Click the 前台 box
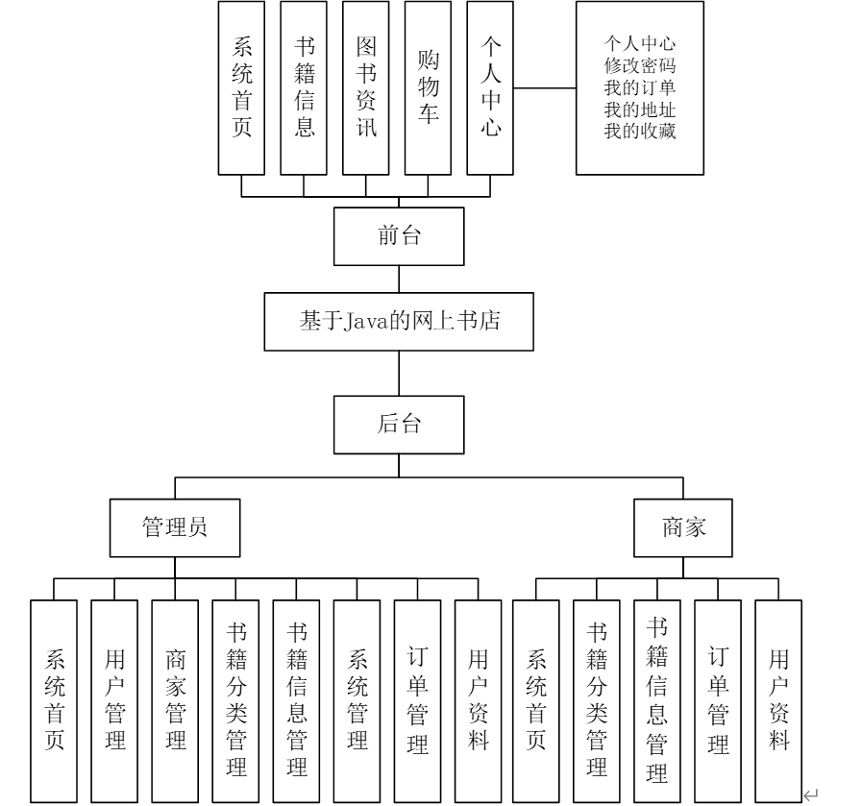click(x=399, y=236)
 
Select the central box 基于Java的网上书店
click(x=399, y=321)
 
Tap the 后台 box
click(x=399, y=425)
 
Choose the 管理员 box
click(x=174, y=527)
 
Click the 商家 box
click(x=683, y=527)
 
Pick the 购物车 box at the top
click(x=428, y=87)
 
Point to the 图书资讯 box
click(x=365, y=87)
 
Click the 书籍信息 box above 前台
click(x=304, y=87)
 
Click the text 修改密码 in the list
click(x=640, y=66)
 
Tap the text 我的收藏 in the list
click(x=640, y=132)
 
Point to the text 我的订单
click(x=640, y=88)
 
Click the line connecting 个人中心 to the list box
click(x=545, y=88)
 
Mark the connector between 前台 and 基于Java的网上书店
click(x=399, y=279)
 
